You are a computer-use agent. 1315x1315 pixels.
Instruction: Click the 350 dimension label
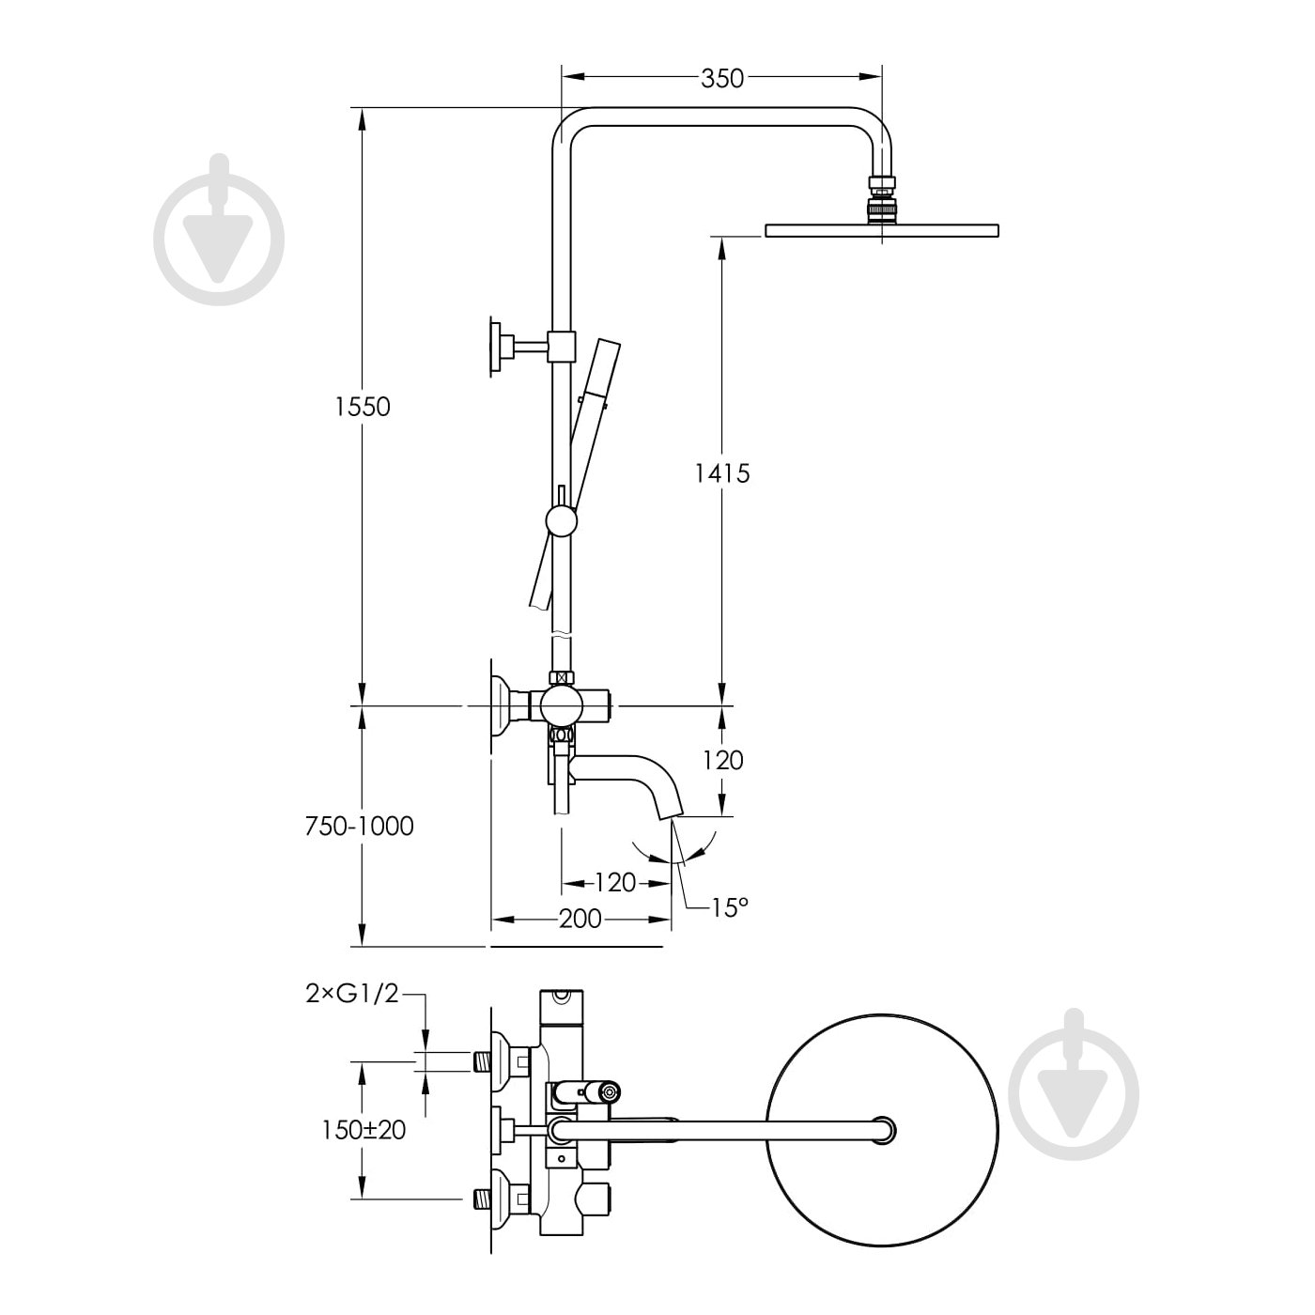(x=722, y=78)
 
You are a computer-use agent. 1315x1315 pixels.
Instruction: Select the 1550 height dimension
(x=362, y=407)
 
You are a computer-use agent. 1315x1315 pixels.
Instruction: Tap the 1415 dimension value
(x=721, y=473)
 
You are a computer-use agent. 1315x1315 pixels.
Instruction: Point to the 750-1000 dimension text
(x=360, y=826)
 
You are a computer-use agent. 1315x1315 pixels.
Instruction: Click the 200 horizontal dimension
(x=580, y=919)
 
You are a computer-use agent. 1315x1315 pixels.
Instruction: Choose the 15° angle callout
(x=730, y=907)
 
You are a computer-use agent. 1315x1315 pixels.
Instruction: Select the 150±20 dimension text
(x=363, y=1130)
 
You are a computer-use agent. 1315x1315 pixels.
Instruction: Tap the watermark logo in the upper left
(x=220, y=232)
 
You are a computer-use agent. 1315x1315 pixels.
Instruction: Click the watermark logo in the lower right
(x=1073, y=1089)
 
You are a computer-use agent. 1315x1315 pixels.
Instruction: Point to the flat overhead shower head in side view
(x=882, y=230)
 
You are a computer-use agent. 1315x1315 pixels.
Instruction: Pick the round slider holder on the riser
(x=560, y=520)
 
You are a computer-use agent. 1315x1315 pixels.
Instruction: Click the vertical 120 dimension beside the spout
(x=721, y=760)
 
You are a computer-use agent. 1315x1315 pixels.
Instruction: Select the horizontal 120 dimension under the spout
(x=615, y=882)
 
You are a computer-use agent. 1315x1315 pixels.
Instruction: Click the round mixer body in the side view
(x=561, y=703)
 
